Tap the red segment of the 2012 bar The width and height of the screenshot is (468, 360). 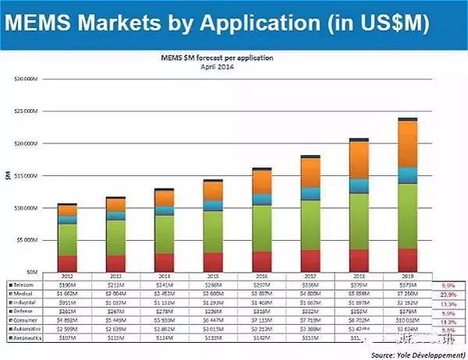click(67, 263)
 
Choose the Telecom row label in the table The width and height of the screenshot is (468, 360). click(23, 286)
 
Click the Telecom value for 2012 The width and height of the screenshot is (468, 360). click(67, 286)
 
